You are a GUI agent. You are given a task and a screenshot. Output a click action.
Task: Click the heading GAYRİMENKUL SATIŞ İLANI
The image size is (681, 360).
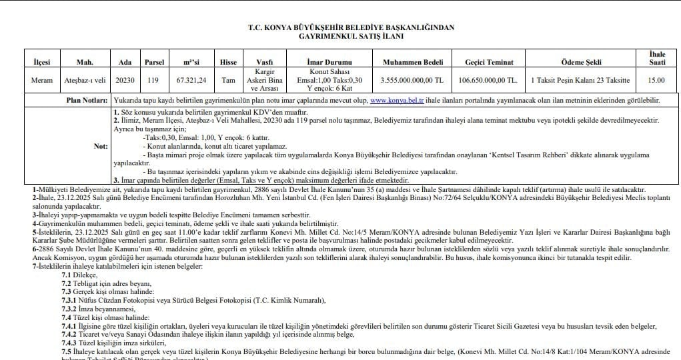[x=341, y=36]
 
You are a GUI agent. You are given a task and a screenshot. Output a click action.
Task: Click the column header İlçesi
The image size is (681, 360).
[x=42, y=62]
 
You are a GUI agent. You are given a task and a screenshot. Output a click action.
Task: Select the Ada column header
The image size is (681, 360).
[x=125, y=62]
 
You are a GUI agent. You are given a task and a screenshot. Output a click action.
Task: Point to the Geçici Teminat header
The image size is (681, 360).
[x=490, y=62]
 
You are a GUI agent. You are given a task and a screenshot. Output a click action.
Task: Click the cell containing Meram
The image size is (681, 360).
[x=42, y=80]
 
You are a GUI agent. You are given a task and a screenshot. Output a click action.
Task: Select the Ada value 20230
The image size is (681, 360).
[x=125, y=80]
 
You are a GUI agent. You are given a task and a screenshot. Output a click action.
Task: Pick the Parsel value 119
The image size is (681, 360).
[x=153, y=80]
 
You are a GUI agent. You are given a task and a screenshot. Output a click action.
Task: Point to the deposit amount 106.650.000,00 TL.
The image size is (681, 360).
[x=490, y=80]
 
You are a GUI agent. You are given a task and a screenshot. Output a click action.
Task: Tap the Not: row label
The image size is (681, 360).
[x=100, y=145]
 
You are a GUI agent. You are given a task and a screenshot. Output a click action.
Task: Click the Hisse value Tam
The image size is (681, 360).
[x=228, y=80]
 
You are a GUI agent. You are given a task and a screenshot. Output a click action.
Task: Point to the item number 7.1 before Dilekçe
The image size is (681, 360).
[x=66, y=275]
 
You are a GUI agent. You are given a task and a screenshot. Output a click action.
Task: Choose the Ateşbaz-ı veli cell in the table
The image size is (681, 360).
[x=85, y=80]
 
